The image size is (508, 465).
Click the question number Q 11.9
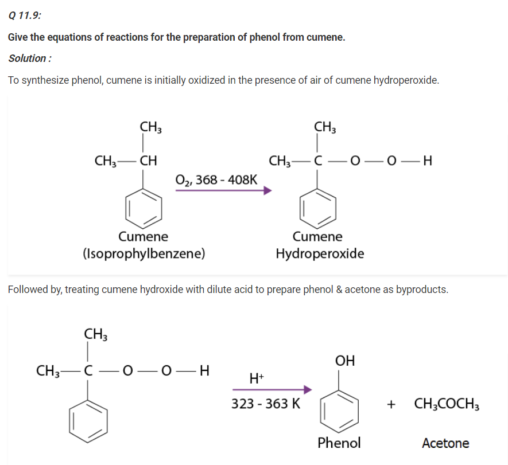pos(25,15)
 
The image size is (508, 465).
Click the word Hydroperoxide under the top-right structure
pos(320,253)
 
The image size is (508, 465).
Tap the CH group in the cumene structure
pos(149,160)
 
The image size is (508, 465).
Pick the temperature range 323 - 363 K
pos(266,403)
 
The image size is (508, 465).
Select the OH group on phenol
pos(345,361)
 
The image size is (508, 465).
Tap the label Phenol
pos(339,443)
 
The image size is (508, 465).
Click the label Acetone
pos(445,443)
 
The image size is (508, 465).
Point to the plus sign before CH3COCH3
pos(391,404)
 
